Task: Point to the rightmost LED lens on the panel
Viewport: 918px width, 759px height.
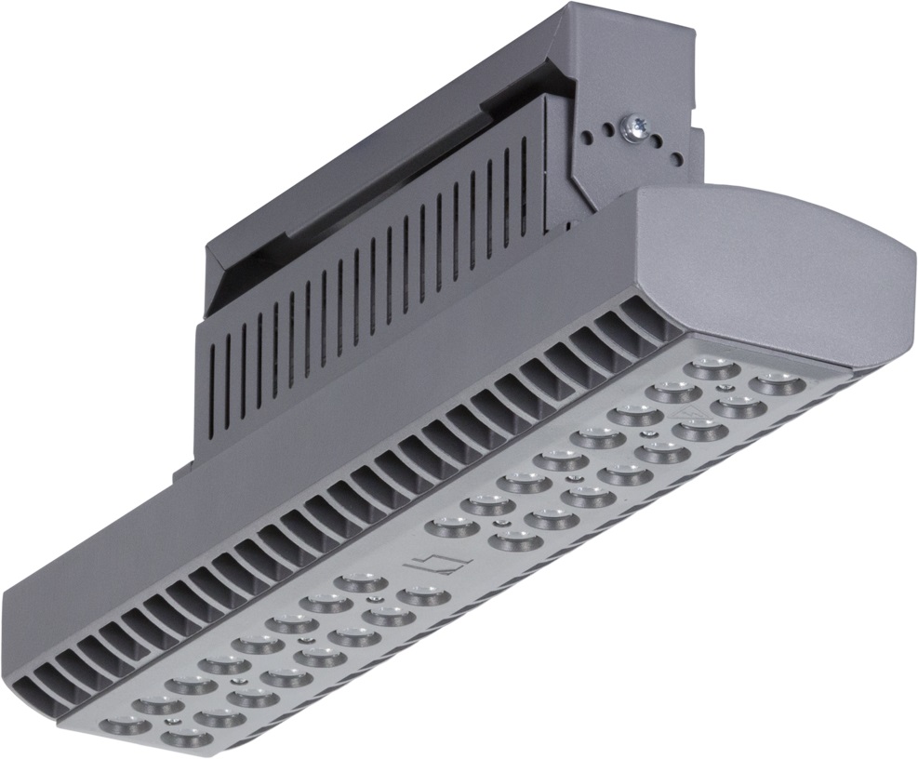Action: point(774,382)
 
